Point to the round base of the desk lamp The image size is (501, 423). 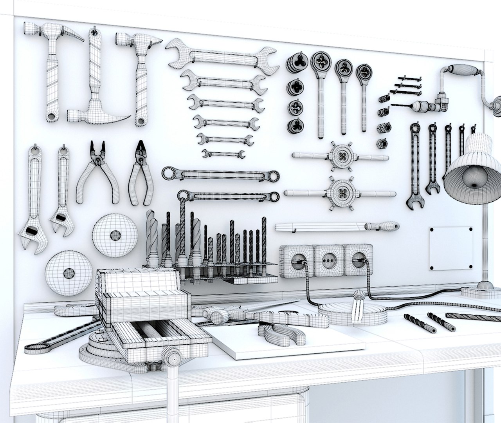(x=478, y=290)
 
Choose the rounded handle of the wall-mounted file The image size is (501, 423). (x=382, y=226)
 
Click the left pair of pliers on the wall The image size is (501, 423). (x=98, y=172)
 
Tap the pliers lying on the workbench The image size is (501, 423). (x=280, y=331)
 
